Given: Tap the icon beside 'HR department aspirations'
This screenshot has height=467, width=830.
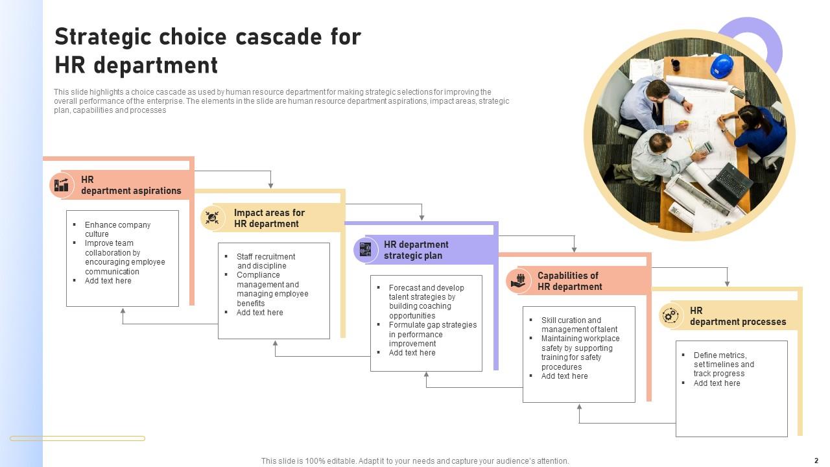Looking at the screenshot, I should [62, 186].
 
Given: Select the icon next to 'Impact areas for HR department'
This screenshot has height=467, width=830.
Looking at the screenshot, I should [212, 218].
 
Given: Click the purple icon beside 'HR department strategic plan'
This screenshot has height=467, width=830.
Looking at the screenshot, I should [366, 250].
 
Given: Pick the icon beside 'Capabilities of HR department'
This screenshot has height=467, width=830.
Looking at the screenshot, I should [518, 281].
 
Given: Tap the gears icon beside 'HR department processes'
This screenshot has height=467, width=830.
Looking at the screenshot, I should [670, 316].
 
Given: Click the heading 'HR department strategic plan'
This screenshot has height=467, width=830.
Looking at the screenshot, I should [416, 250].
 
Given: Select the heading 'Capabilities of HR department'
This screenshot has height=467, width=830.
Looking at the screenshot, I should [569, 281].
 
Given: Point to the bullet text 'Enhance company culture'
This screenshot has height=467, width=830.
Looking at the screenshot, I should [117, 229].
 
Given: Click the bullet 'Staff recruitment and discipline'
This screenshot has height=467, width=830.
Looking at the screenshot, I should [265, 261].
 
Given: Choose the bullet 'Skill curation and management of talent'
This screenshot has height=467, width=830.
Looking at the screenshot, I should [579, 324].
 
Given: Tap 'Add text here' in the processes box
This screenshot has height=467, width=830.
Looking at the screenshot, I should [717, 383].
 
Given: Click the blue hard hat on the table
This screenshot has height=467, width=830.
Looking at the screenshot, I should [722, 66].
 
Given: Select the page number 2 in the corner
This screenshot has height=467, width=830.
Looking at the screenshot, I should [816, 461].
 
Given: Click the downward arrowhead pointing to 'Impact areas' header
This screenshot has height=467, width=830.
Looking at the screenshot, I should [270, 186].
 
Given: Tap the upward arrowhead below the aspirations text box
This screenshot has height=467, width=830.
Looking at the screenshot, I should [123, 311].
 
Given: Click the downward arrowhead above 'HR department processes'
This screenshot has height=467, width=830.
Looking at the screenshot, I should [727, 283].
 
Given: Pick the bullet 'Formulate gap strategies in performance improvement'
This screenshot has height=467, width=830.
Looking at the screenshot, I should [433, 334].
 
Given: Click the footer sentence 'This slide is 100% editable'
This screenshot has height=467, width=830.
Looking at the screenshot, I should [415, 461].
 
